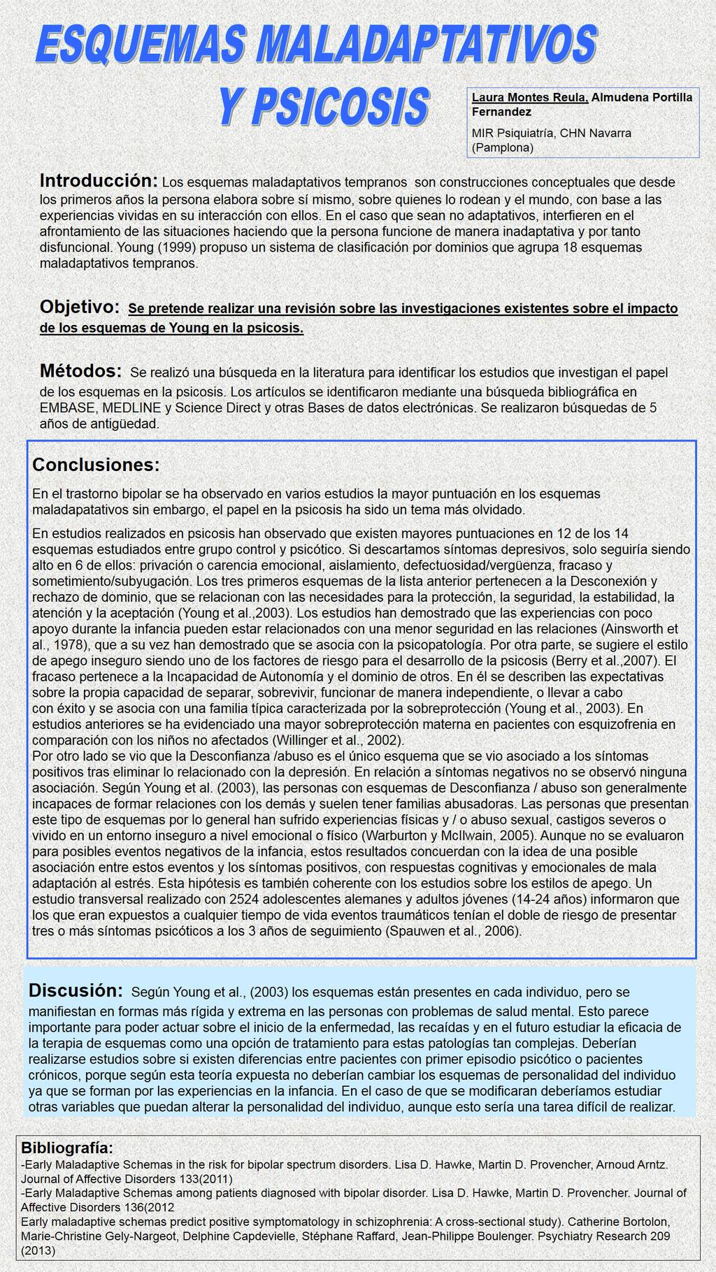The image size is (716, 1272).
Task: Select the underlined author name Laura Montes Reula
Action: pyautogui.click(x=529, y=97)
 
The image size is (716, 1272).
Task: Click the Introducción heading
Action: pyautogui.click(x=99, y=180)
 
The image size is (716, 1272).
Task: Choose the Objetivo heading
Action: pyautogui.click(x=80, y=306)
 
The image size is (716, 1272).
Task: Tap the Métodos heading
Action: pyautogui.click(x=81, y=370)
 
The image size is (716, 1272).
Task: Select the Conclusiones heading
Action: pyautogui.click(x=96, y=465)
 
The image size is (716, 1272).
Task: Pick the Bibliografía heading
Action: pyautogui.click(x=67, y=1148)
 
